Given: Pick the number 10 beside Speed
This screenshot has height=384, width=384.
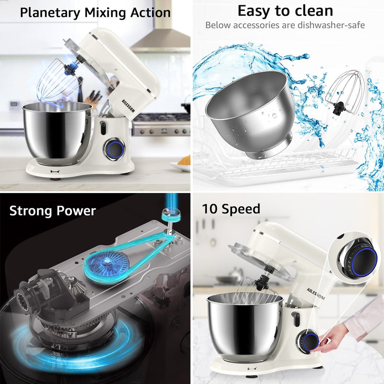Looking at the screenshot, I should pyautogui.click(x=210, y=209).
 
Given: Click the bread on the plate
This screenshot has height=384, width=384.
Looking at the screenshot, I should pyautogui.click(x=184, y=160).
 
